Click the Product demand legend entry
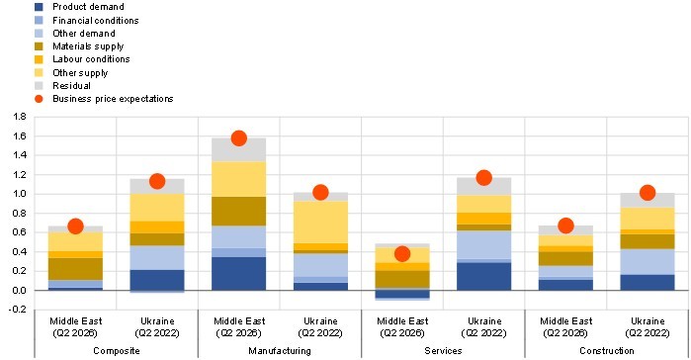click(x=79, y=7)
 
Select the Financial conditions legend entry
click(x=86, y=20)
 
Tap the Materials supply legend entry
click(x=79, y=46)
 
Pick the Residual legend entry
click(x=62, y=85)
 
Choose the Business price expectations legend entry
click(x=104, y=99)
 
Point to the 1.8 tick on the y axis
click(x=20, y=117)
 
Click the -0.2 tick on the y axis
click(x=19, y=310)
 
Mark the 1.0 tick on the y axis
click(x=20, y=194)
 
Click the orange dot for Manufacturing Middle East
click(x=239, y=138)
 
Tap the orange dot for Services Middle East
click(x=402, y=254)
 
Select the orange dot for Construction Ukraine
click(x=648, y=193)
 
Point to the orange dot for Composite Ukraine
click(x=157, y=181)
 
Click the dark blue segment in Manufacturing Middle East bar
click(x=239, y=274)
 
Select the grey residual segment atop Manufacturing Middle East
click(x=239, y=149)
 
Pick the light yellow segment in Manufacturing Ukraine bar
click(x=320, y=223)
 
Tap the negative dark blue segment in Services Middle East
click(x=402, y=294)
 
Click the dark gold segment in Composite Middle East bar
click(x=75, y=269)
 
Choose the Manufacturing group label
click(x=280, y=351)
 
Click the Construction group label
click(x=607, y=351)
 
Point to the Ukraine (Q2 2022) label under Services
click(x=483, y=327)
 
